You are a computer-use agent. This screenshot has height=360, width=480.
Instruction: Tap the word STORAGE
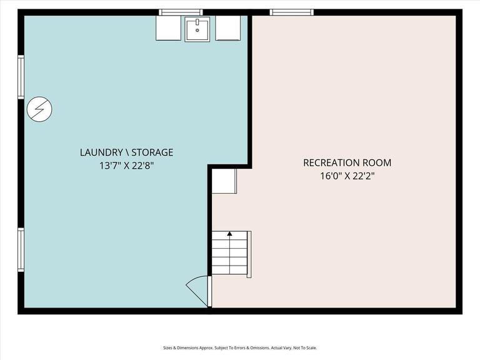[x=151, y=152]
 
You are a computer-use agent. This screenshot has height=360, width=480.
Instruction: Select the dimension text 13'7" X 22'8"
[x=126, y=166]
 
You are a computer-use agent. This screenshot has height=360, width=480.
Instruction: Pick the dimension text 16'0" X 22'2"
[x=347, y=177]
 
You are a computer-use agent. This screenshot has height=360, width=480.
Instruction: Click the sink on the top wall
[x=197, y=29]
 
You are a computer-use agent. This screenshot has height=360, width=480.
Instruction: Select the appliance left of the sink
[x=168, y=28]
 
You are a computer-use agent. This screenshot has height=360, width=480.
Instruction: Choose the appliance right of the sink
[x=227, y=28]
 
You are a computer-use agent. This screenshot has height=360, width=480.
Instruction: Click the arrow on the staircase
[x=229, y=234]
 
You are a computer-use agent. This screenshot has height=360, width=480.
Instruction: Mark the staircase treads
[x=230, y=253]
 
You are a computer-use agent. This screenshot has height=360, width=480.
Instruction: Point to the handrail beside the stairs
[x=249, y=254]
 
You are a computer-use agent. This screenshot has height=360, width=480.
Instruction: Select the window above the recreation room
[x=291, y=12]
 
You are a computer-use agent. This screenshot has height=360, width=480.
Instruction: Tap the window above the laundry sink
[x=181, y=12]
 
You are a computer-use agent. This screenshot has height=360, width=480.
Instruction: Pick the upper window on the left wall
[x=21, y=77]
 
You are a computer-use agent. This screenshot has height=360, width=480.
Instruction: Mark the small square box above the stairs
[x=224, y=181]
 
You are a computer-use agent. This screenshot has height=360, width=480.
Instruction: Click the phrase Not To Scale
[x=303, y=348]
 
